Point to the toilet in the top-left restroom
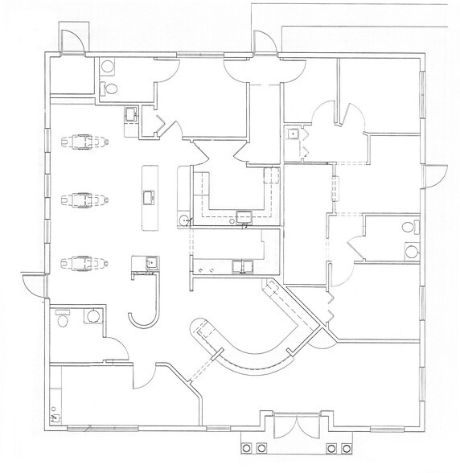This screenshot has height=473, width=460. point(112,88)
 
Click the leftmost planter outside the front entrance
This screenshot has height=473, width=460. point(246,448)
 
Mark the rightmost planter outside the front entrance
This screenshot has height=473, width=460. point(346,448)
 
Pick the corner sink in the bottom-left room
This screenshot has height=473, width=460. point(55,416)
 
